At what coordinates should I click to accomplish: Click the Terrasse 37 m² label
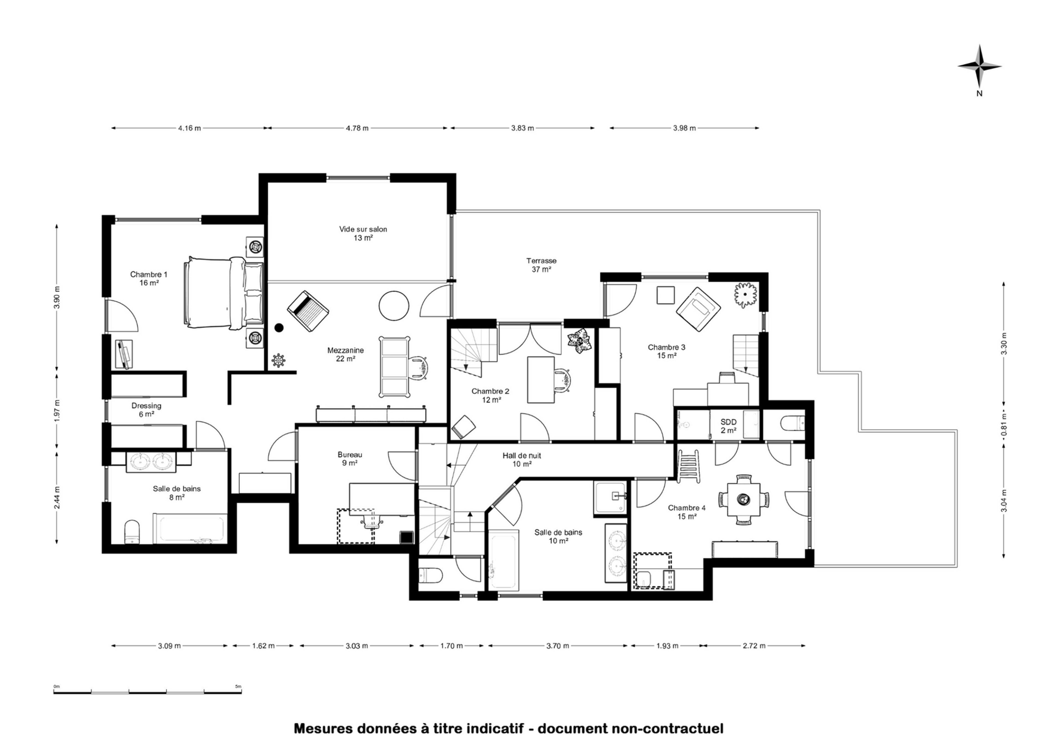coord(541,265)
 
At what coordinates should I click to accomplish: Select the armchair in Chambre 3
coord(698,309)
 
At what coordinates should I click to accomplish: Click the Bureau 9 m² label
coord(350,459)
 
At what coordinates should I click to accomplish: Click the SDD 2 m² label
coord(728,426)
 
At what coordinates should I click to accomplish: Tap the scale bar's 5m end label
coord(238,686)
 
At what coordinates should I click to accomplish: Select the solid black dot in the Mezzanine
coord(279,328)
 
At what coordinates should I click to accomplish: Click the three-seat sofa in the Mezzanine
coord(394,367)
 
